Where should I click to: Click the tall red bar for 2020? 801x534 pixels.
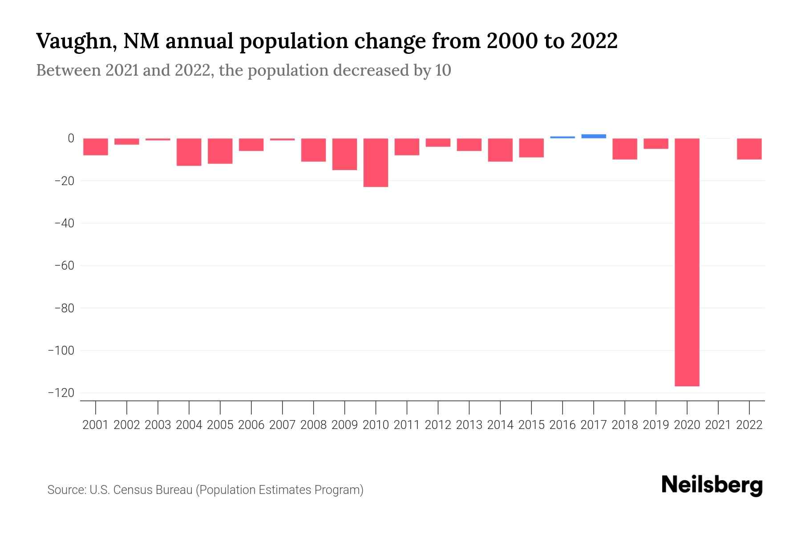coord(687,262)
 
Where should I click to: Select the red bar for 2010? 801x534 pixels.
coord(376,162)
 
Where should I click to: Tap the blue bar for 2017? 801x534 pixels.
coord(594,136)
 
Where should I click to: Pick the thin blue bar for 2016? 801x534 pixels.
coord(562,137)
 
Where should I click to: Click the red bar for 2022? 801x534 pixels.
coord(749,149)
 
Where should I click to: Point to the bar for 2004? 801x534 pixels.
coord(189,152)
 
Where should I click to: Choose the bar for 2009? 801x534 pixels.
coord(345,154)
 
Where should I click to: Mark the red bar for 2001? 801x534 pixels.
coord(96,146)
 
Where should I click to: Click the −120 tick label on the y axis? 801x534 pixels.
coord(61,393)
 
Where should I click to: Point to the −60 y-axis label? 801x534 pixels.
coord(64,266)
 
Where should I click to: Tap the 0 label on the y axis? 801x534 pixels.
coord(71,138)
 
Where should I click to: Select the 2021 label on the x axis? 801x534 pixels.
coord(718,425)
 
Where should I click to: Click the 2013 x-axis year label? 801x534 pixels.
coord(469,425)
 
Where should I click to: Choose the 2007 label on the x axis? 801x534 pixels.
coord(283,425)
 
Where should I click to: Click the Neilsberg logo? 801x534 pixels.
coord(712,485)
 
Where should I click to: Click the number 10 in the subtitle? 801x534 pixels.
coord(443,70)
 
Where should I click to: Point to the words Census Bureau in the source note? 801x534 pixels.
coord(154,490)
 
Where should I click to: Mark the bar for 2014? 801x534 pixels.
coord(500,150)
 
